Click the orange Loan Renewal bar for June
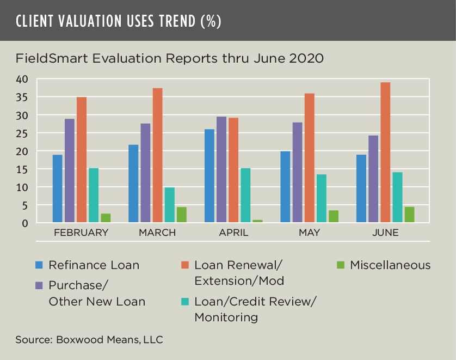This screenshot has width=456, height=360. coord(385,152)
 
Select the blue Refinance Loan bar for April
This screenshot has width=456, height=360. coord(209,176)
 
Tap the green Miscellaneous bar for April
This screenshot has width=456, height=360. coord(257,221)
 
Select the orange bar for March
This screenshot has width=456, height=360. coord(157,155)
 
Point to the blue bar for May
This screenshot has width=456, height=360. coord(285,187)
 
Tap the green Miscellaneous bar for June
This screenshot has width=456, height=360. coord(409,215)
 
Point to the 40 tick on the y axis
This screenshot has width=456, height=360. coord(21,80)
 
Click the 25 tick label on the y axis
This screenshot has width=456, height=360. coord(21,133)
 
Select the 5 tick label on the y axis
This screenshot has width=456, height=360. coord(24,205)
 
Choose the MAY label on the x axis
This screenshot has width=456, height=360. coord(309,233)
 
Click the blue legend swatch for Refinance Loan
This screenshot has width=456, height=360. coord(39,265)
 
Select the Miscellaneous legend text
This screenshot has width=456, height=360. coord(390,265)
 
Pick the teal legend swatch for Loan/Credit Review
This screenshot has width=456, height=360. coord(185,301)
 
